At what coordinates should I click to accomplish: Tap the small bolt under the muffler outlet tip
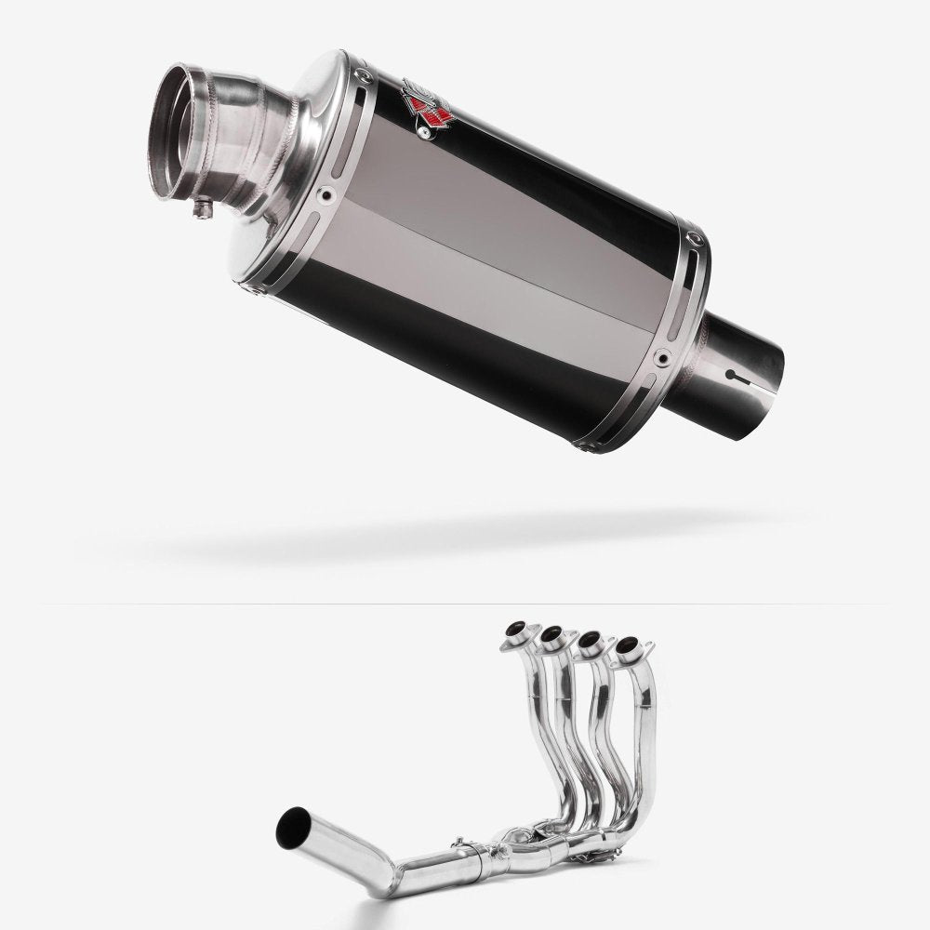point(200,212)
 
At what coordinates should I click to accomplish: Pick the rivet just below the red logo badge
point(425,136)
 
